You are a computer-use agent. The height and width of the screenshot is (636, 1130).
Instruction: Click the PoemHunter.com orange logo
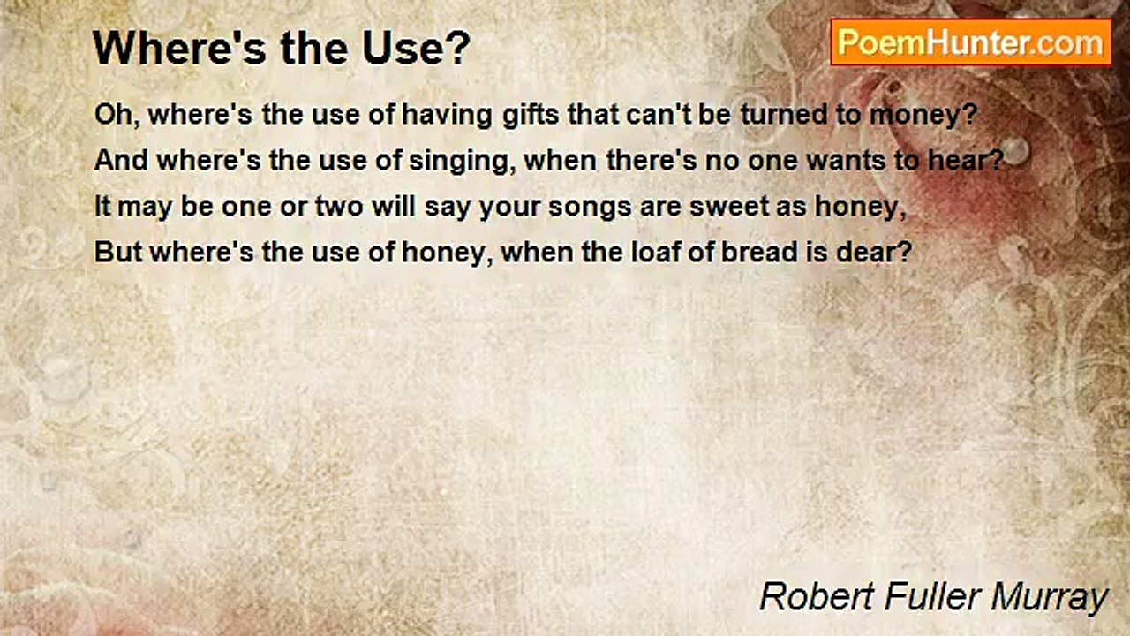pos(971,42)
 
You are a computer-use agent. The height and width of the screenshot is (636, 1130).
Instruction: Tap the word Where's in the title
pos(178,48)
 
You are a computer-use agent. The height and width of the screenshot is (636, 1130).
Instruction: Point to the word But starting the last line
pos(118,252)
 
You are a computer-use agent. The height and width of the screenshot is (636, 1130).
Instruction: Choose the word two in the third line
pos(339,207)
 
